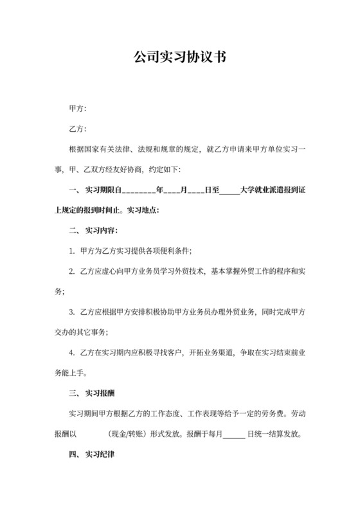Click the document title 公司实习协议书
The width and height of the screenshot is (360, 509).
click(179, 57)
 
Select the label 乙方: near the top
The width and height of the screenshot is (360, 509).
click(77, 129)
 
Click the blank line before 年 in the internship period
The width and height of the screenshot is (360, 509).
click(138, 190)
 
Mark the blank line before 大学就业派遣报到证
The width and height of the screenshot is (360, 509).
click(229, 190)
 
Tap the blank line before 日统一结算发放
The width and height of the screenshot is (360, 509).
click(234, 434)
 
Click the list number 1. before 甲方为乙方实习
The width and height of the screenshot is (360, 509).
click(72, 251)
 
